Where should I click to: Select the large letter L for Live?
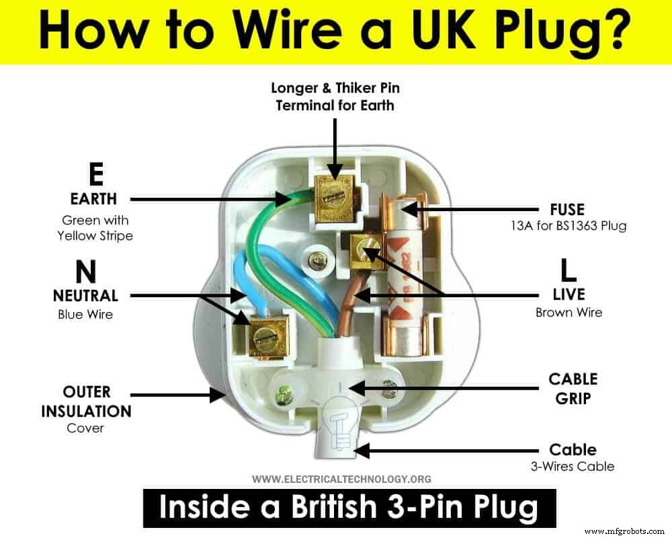(x=569, y=270)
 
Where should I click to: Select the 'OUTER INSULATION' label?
(x=86, y=401)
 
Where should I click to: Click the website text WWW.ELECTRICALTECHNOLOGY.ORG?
(x=341, y=479)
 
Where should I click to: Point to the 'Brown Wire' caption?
(x=569, y=312)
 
